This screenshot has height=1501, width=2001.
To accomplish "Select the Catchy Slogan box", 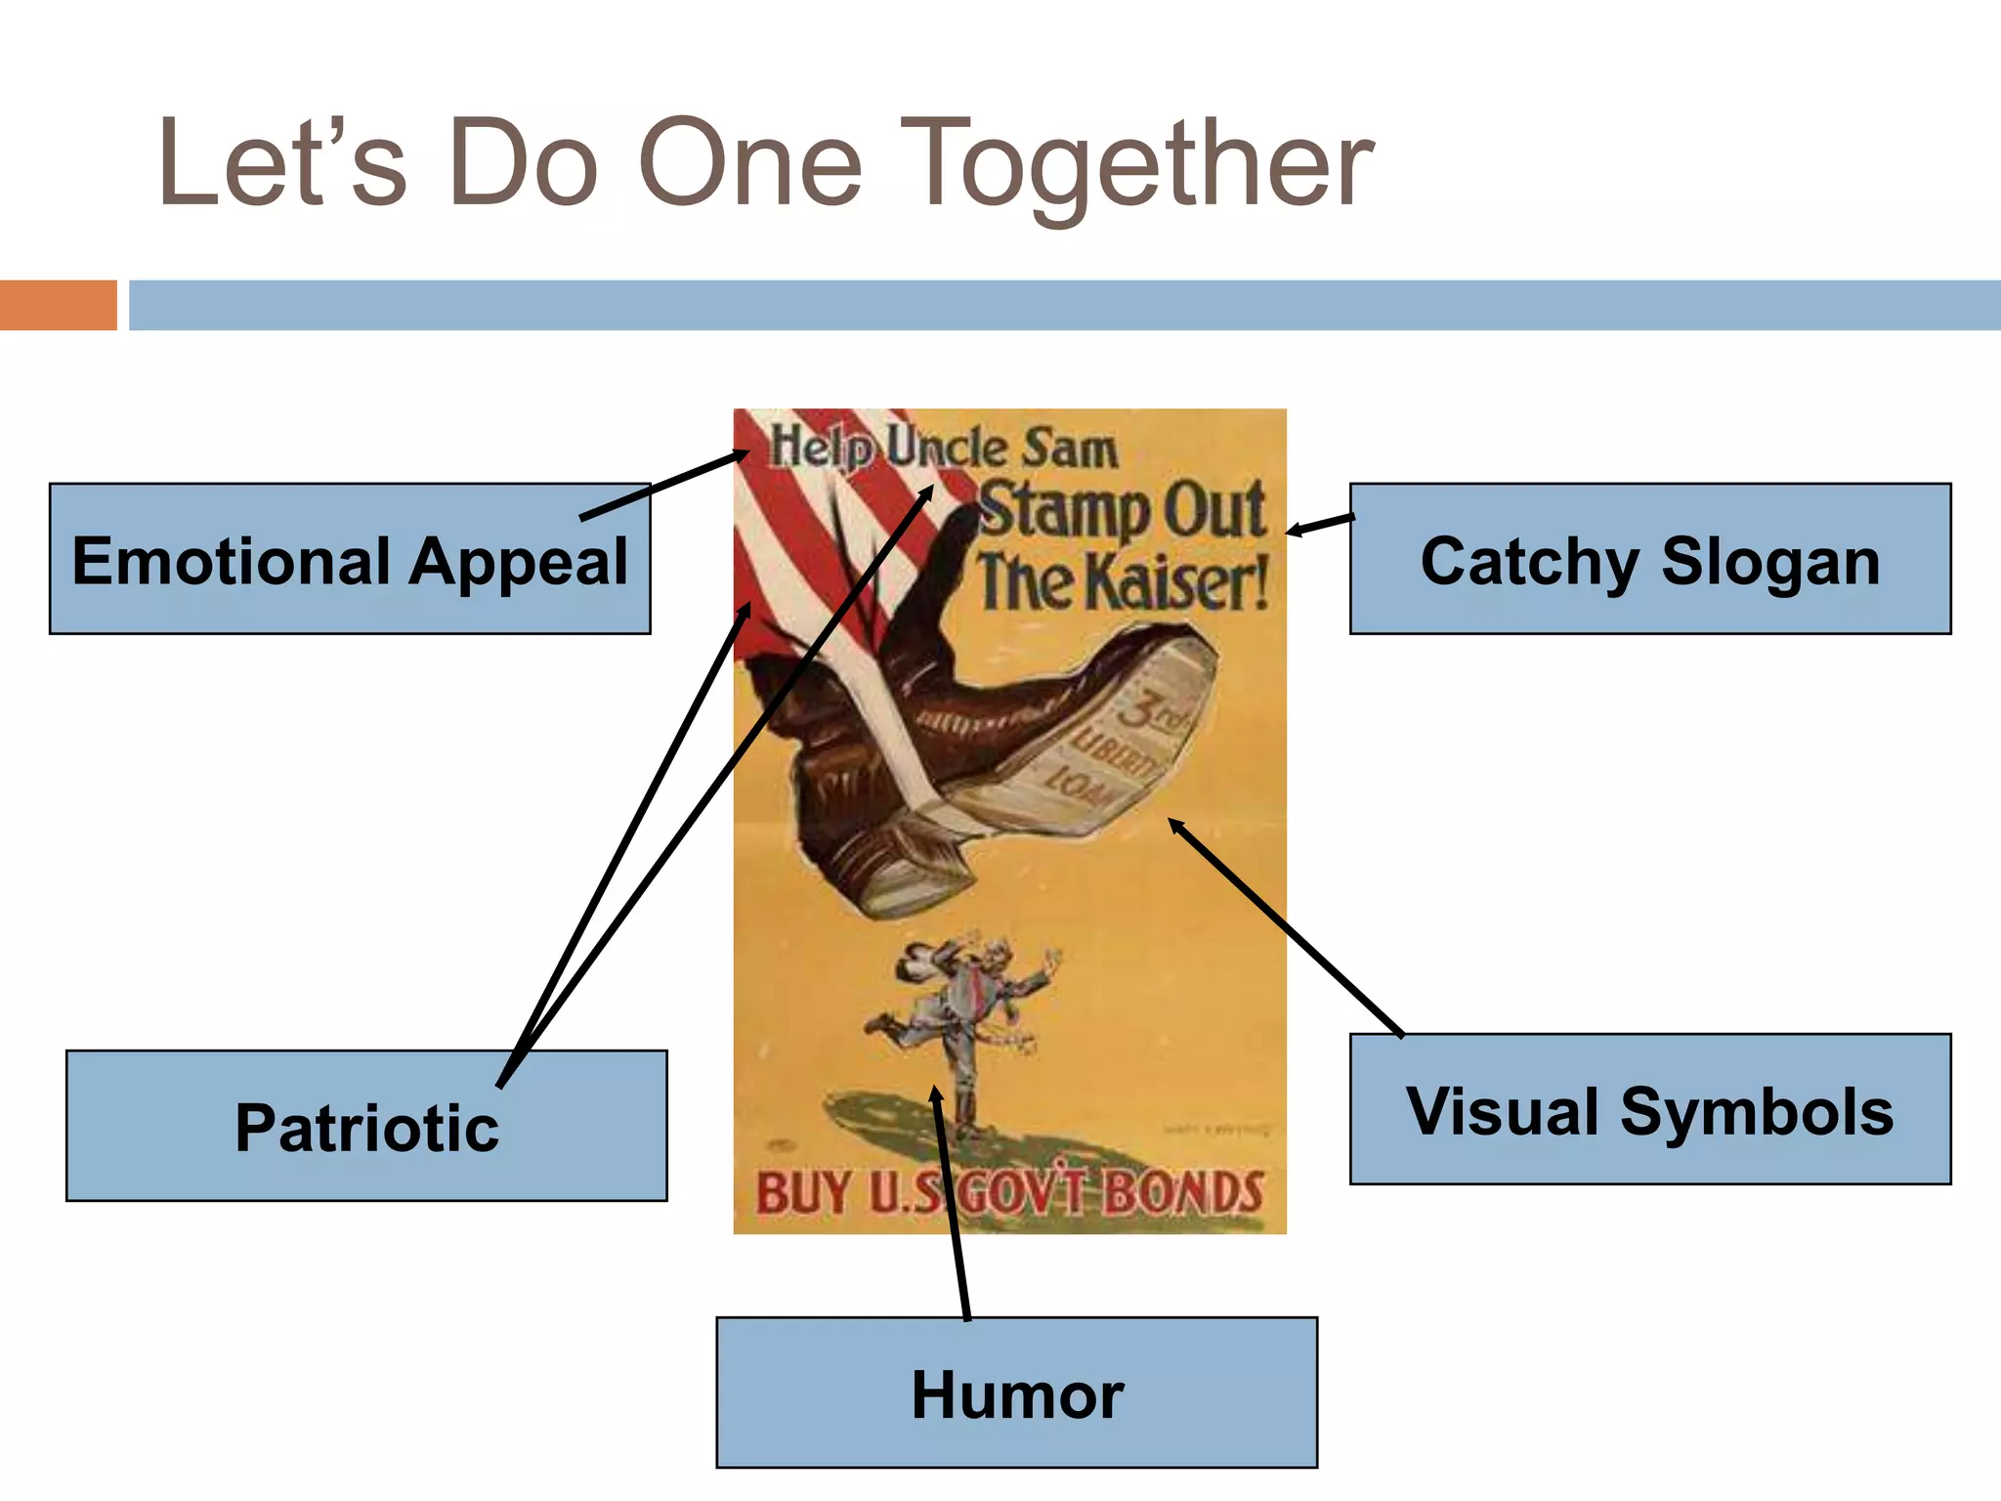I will tap(1649, 560).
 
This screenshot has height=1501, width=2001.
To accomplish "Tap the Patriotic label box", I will tap(366, 1126).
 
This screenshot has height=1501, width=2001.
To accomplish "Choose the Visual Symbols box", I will tap(1649, 1110).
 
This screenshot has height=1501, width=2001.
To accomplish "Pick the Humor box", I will tap(1016, 1394).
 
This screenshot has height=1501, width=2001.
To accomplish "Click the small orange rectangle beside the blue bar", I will tap(58, 305).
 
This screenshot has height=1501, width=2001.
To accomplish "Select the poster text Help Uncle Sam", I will tap(943, 448).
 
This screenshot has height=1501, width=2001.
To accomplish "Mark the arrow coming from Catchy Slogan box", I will tap(1319, 525).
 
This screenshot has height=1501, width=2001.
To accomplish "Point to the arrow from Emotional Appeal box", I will tap(664, 485).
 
